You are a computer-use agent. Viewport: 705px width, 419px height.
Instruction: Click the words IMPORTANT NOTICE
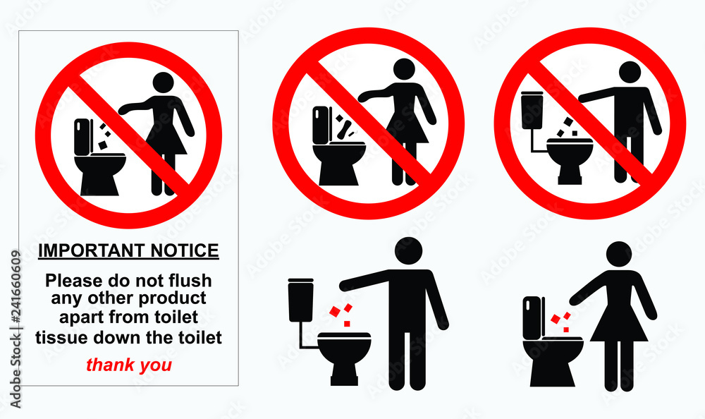(x=128, y=250)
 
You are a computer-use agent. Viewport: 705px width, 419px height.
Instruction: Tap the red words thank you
(x=128, y=365)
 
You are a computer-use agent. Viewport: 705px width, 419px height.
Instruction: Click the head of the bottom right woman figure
(x=619, y=255)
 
